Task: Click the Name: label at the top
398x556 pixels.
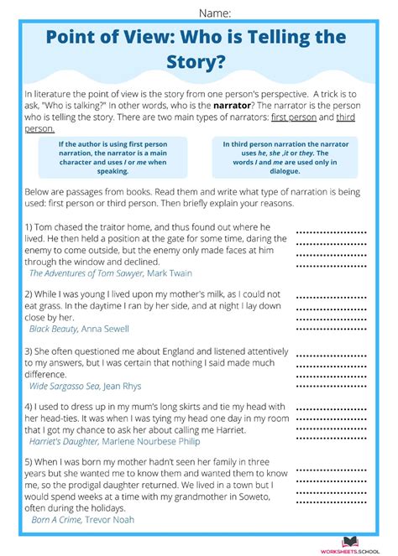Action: click(x=214, y=12)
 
